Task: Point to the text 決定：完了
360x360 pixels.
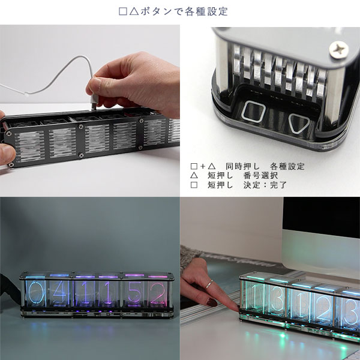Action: tap(265, 185)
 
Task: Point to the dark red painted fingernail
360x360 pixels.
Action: tap(213, 303)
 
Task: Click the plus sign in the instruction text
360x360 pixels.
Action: tap(202, 166)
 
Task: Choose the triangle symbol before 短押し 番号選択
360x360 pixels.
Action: tap(194, 176)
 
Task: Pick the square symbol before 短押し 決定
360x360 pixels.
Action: tap(194, 185)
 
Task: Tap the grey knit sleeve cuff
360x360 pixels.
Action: tap(191, 255)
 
